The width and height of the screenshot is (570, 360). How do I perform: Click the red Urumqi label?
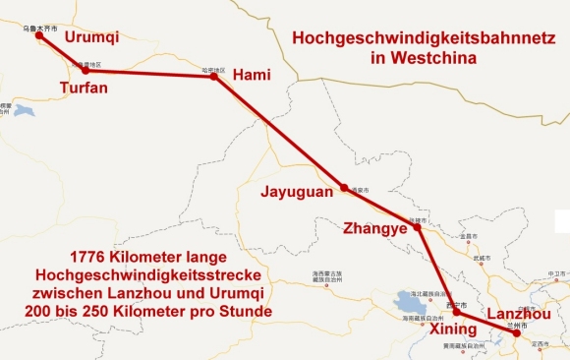coord(91,37)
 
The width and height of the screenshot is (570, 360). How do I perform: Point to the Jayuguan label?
coord(296,193)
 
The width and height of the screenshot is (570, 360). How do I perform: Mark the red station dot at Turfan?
coord(85,71)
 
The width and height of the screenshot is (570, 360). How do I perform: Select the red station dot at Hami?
coord(214,76)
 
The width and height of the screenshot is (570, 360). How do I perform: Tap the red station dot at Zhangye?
coord(418,227)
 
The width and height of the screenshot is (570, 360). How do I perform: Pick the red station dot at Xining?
coord(455,312)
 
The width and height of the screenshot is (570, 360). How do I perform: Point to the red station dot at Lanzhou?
coord(517,334)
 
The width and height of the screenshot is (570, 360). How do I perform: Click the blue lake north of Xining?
coord(404,296)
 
